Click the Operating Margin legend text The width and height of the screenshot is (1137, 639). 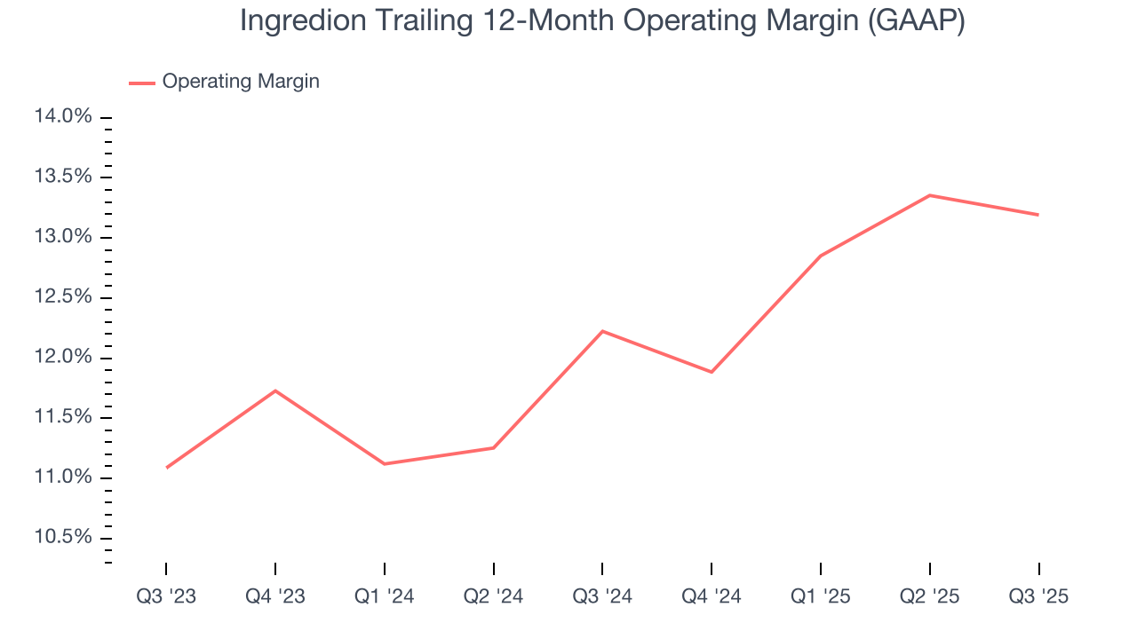[x=241, y=82]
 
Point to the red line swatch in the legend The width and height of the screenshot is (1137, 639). [x=142, y=83]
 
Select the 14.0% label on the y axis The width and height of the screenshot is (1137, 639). [x=63, y=117]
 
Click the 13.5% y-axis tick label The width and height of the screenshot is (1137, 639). [x=63, y=177]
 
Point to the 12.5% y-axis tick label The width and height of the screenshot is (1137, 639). [x=63, y=296]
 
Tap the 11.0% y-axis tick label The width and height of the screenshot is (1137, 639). [x=63, y=477]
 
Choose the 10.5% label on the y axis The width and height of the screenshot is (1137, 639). [x=63, y=538]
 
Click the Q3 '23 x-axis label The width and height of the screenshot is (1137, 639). [x=166, y=596]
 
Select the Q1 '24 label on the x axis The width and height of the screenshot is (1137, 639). [x=384, y=596]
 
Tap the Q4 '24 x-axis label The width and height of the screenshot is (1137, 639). [x=712, y=596]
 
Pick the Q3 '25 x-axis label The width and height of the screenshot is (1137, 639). [x=1038, y=596]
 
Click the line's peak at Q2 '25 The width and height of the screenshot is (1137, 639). [x=929, y=195]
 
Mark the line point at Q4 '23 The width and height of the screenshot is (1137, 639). [x=275, y=390]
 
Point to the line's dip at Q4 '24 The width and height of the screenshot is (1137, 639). [x=712, y=372]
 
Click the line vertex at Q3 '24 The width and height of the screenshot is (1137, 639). [x=602, y=331]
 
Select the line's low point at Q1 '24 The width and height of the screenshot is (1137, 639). [x=384, y=463]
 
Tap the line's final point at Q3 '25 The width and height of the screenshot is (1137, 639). [x=1038, y=215]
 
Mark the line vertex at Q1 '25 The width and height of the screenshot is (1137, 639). [x=820, y=256]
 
